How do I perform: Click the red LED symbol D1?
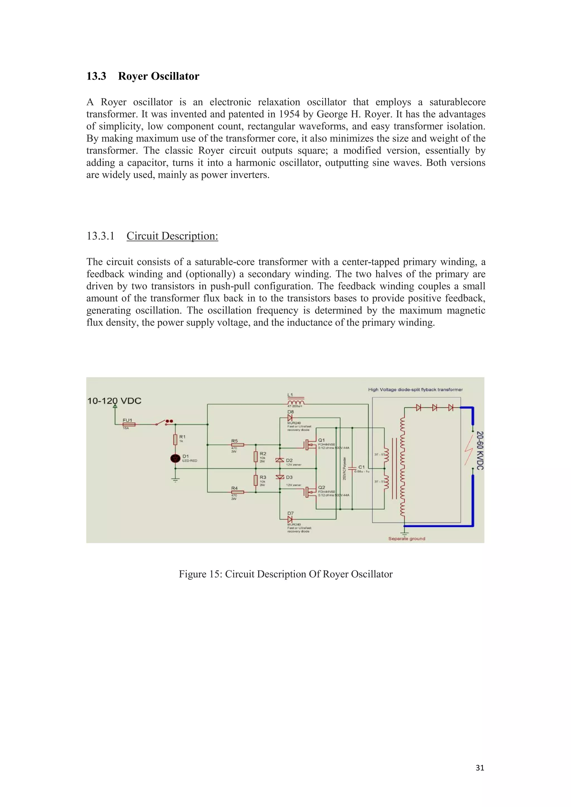click(x=175, y=458)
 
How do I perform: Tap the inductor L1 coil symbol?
click(x=296, y=402)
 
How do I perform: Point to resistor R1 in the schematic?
click(x=175, y=439)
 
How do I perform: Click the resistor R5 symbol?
click(x=237, y=445)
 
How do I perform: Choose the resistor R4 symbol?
click(x=237, y=492)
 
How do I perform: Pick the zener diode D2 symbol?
click(x=280, y=460)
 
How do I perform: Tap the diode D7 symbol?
click(x=290, y=519)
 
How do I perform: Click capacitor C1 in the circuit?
click(x=352, y=468)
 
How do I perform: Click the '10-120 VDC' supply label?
click(x=114, y=401)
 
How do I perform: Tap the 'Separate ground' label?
click(x=407, y=538)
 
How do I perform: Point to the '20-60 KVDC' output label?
click(x=480, y=450)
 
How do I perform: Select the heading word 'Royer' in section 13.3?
click(x=135, y=76)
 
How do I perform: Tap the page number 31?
click(x=480, y=768)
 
